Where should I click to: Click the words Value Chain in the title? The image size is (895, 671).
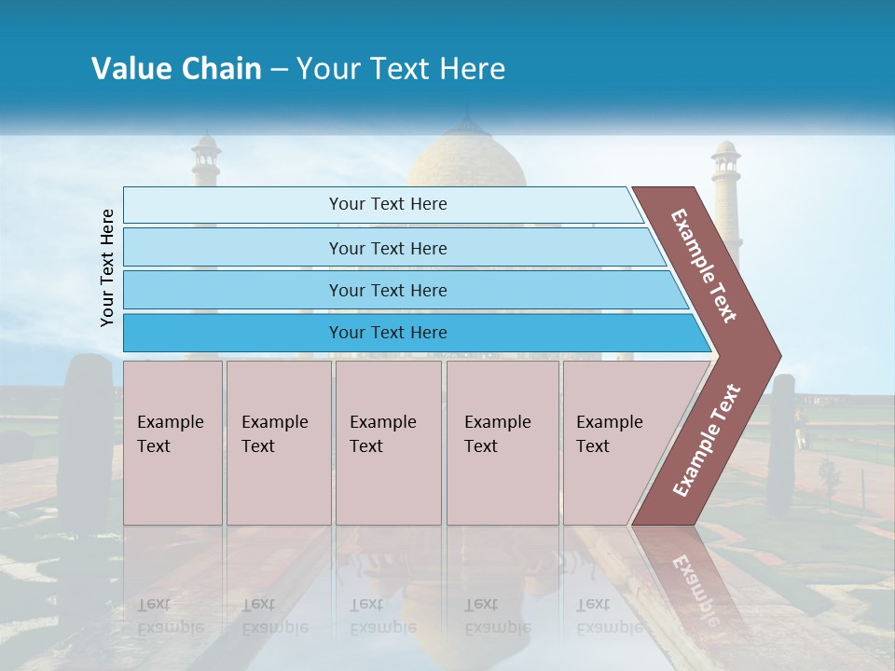point(176,69)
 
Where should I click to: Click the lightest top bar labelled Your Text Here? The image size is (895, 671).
point(388,204)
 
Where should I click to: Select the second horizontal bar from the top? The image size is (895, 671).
point(388,248)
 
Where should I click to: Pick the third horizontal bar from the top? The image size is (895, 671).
point(388,290)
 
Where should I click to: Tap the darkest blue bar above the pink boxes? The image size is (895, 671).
point(388,333)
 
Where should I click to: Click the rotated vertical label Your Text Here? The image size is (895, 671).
point(107,267)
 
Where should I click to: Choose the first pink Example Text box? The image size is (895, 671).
point(172,442)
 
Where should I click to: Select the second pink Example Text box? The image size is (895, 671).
point(278,442)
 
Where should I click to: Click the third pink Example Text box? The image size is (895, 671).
point(388,442)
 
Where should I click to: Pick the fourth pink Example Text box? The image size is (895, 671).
point(503,442)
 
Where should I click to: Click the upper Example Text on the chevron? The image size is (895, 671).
point(704,266)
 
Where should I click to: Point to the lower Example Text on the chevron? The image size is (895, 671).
point(707,440)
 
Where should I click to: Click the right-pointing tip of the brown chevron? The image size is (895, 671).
point(775,356)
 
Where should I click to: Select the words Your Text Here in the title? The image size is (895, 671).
point(401,69)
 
